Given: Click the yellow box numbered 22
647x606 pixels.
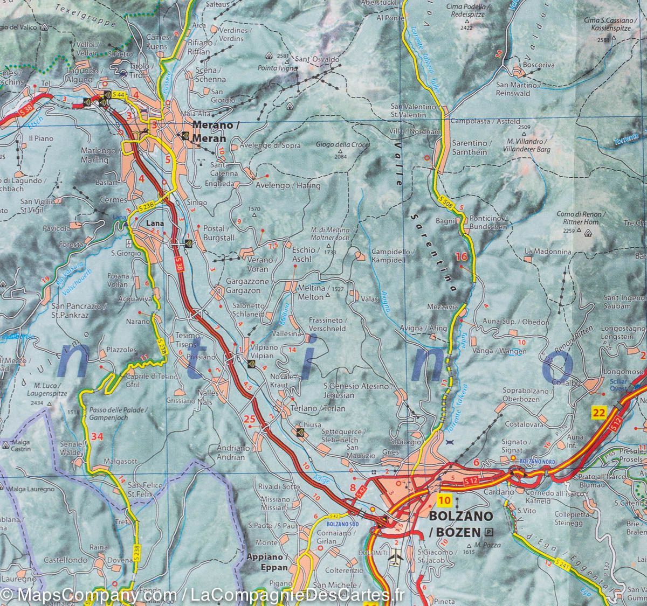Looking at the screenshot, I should click(x=598, y=413).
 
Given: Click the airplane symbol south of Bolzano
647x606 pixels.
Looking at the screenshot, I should click(x=395, y=560).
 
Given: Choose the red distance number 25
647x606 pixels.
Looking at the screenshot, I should click(x=249, y=419).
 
